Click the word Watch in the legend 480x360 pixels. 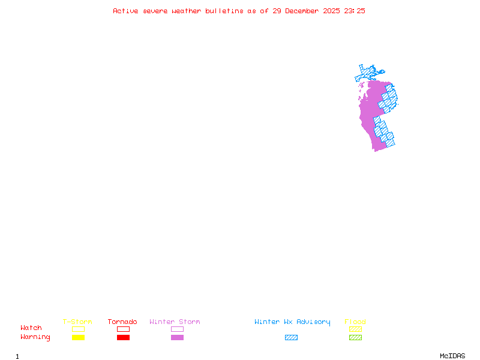click(x=31, y=328)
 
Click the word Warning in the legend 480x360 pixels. click(x=35, y=337)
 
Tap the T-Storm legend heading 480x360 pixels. click(x=77, y=322)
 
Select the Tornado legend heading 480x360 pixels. click(x=122, y=322)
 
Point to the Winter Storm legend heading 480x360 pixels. click(x=175, y=322)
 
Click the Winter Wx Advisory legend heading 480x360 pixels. click(x=292, y=322)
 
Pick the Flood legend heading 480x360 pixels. click(x=355, y=322)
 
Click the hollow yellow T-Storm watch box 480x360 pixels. click(x=78, y=329)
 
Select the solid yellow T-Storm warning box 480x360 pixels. click(x=78, y=338)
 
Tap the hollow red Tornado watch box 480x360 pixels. click(x=123, y=329)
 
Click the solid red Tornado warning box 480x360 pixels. click(x=123, y=338)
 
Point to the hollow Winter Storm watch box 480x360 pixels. click(x=177, y=329)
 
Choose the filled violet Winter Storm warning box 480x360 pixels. click(x=177, y=338)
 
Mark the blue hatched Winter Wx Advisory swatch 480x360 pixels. click(x=291, y=338)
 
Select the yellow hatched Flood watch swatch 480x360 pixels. click(x=355, y=329)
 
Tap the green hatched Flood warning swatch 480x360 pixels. click(x=355, y=338)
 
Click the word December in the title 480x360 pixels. click(x=305, y=11)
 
